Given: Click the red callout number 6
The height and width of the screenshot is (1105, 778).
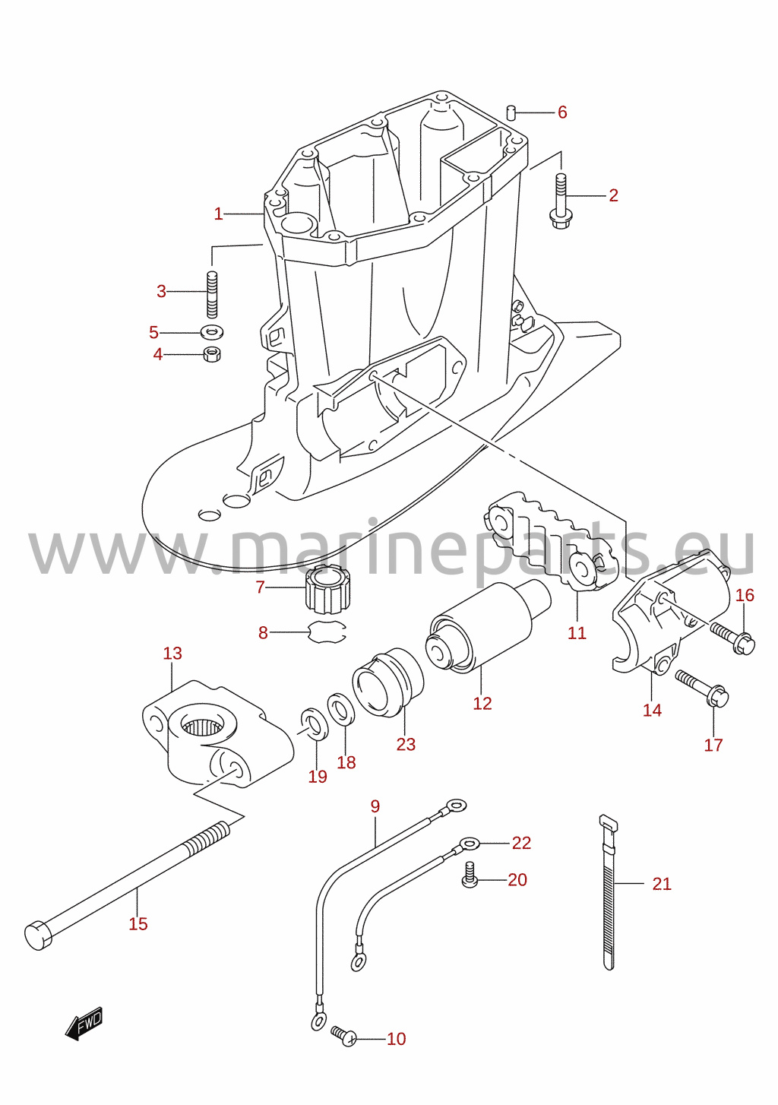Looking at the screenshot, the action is coord(562,112).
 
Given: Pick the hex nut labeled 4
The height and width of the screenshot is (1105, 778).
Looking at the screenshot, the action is coord(212,353).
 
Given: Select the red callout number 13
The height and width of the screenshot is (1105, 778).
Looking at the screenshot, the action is coord(172,653).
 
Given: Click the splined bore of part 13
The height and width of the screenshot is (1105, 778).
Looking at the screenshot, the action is coord(202,726).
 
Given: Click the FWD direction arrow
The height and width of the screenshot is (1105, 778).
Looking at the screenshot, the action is coord(84,1024).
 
